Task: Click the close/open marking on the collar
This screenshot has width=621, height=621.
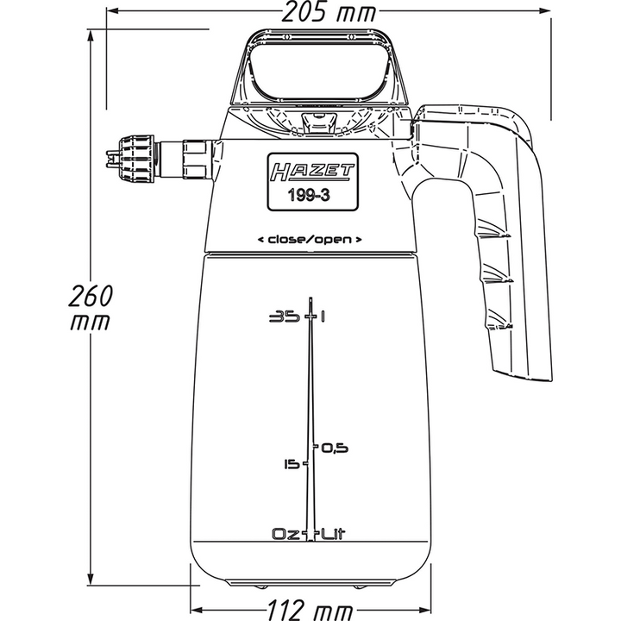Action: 309,238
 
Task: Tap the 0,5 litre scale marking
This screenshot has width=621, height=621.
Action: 334,448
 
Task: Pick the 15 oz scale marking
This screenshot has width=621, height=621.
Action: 291,465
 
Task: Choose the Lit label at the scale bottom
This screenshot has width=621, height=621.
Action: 334,534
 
